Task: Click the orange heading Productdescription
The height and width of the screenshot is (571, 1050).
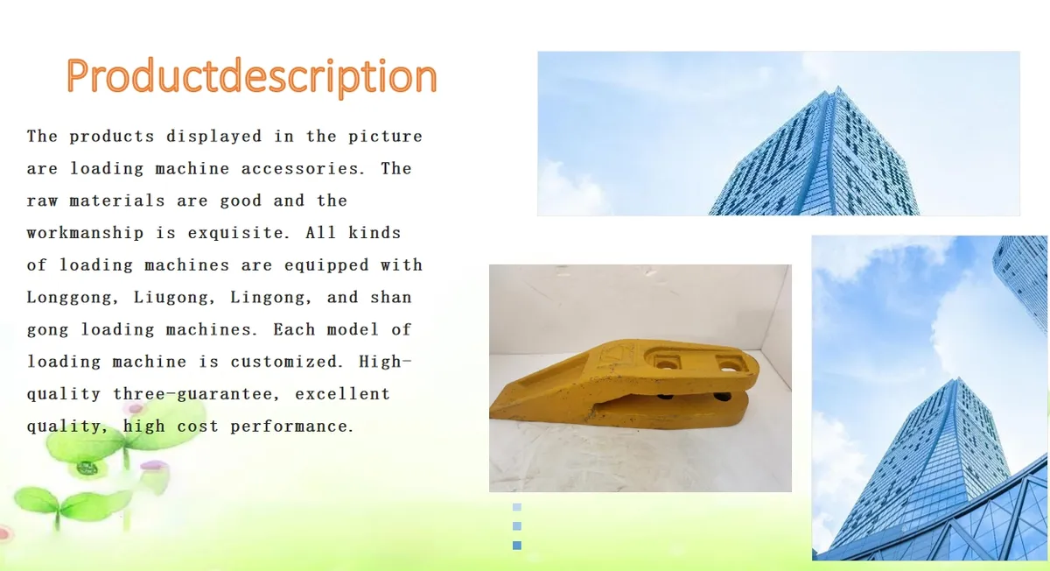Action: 252,77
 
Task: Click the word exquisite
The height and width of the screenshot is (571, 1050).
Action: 239,233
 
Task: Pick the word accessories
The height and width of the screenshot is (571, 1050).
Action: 303,169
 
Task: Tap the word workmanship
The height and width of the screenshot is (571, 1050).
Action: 85,233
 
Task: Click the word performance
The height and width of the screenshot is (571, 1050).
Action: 291,426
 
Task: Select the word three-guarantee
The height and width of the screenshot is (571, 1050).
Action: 197,394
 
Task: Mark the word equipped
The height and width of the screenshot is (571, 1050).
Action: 326,265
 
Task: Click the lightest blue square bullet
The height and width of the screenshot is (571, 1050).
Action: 516,507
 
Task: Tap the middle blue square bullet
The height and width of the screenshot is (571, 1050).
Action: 516,526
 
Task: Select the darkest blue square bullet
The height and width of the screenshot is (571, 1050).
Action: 516,546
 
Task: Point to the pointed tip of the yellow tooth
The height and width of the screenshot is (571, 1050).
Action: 491,412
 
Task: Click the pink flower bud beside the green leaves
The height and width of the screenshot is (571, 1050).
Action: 155,465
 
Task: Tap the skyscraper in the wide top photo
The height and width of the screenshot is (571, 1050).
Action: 815,155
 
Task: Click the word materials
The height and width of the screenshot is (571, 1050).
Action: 117,201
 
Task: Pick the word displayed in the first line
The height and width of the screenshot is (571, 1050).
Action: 213,137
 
